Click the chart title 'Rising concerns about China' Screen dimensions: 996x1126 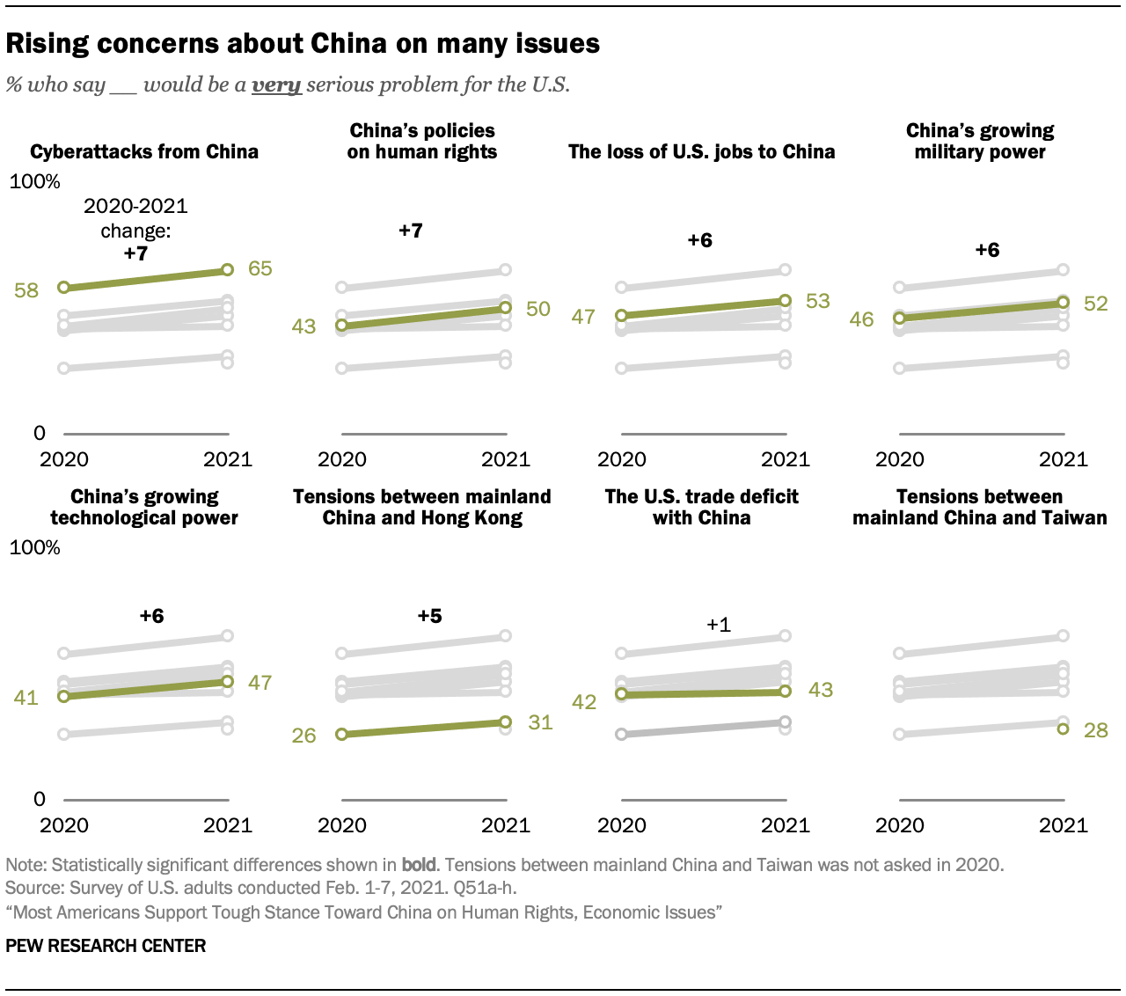[x=303, y=44]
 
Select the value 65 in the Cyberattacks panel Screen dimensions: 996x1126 [x=260, y=268]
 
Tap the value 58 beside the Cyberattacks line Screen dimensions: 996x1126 [x=26, y=289]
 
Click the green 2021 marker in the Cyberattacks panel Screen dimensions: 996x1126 [x=227, y=270]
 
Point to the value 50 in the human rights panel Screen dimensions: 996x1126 [x=537, y=309]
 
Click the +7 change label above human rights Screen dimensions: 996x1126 [x=411, y=231]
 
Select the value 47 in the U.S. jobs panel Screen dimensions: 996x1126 [x=583, y=316]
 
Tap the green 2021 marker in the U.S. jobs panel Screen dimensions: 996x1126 [x=785, y=301]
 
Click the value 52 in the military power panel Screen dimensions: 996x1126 [x=1095, y=304]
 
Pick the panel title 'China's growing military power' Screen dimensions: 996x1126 [x=980, y=142]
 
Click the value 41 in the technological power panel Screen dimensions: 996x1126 [x=26, y=698]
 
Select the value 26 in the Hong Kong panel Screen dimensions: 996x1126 [x=303, y=735]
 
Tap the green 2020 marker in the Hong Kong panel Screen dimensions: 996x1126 [x=342, y=734]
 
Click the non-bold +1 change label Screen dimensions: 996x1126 [x=719, y=625]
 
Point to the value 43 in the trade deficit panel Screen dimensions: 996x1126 [x=820, y=690]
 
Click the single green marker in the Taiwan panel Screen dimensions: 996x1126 [x=1063, y=729]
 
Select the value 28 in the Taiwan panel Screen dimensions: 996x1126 [x=1095, y=730]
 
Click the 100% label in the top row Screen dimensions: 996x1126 [x=35, y=181]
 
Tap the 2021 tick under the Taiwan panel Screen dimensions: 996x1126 [x=1064, y=825]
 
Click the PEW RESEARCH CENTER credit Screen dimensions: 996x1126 [x=106, y=946]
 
